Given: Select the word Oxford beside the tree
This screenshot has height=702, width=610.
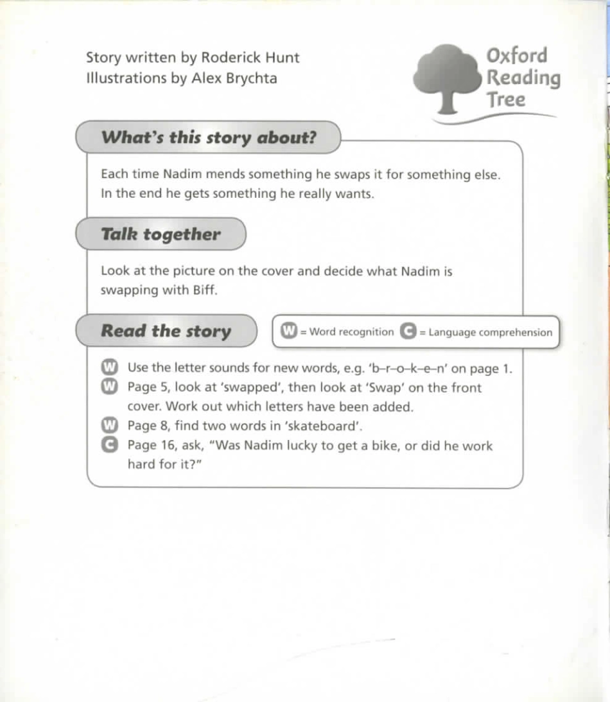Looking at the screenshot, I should pos(517,55).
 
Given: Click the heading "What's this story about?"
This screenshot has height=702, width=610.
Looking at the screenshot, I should pos(209,137).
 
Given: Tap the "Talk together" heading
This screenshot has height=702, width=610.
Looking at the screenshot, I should pos(161,234).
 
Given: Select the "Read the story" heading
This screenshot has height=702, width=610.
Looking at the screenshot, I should pos(166,331).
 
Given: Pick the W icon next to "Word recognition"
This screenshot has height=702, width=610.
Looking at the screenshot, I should pos(290,332).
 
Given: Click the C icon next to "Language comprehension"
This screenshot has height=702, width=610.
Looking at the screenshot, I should pos(407,332).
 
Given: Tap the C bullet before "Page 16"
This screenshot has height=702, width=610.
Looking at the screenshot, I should pos(110,445).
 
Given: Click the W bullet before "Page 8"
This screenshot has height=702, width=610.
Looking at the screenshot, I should pos(110,425).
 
